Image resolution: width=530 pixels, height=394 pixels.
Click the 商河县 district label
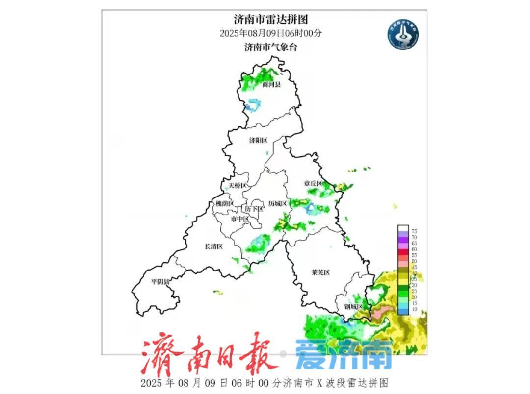point(271,85)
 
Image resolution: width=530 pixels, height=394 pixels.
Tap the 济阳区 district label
point(258,141)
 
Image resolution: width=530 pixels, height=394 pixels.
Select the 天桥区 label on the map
point(238,186)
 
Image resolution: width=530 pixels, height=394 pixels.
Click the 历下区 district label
point(254,209)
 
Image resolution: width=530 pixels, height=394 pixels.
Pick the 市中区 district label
point(240,219)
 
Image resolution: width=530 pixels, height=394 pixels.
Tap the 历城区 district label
point(277,203)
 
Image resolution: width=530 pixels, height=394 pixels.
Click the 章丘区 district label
point(313,183)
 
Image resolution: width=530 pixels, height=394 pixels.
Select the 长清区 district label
point(213,246)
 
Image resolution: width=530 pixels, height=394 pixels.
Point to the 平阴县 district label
point(160,282)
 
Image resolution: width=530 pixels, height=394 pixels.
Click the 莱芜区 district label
point(320,272)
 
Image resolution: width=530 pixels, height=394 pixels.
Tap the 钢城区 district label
point(353,307)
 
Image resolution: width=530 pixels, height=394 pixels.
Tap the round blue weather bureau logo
point(403,34)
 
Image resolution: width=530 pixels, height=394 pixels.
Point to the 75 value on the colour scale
point(414,231)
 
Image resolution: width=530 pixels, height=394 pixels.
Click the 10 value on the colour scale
point(414,309)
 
